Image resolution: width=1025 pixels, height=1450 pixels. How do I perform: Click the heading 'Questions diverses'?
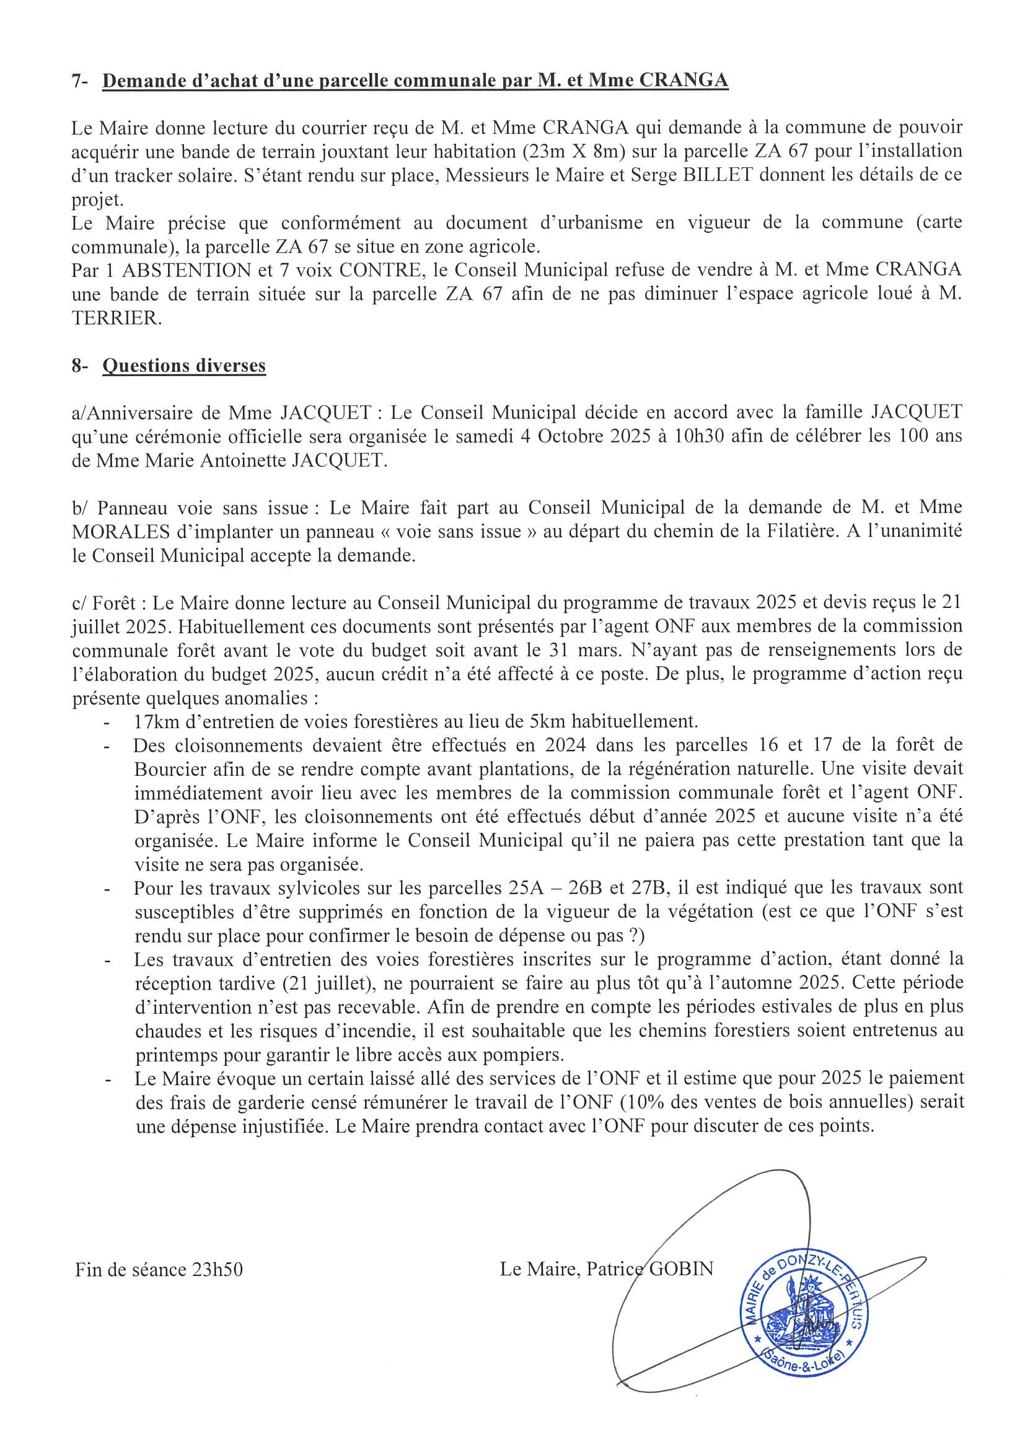(184, 366)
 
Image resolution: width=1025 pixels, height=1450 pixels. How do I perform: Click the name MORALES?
(121, 532)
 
